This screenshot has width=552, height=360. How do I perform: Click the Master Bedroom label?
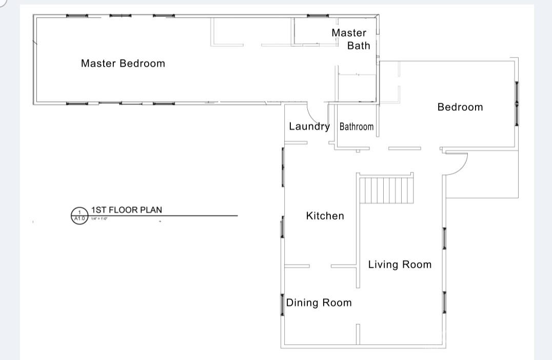(123, 64)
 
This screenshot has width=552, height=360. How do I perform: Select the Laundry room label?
(309, 126)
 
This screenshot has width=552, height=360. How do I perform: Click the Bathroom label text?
(357, 127)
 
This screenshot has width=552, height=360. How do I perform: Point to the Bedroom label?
(460, 107)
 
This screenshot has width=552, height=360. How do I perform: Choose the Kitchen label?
(325, 216)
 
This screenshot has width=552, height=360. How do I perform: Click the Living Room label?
(400, 265)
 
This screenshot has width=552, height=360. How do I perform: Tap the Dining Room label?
(319, 303)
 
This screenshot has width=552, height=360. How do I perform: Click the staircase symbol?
(386, 190)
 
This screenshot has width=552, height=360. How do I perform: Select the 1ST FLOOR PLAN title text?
(127, 210)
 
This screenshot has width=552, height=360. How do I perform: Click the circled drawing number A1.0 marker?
(79, 215)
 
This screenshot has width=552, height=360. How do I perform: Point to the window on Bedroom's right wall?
(517, 104)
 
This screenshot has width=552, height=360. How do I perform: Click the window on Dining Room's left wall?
(282, 304)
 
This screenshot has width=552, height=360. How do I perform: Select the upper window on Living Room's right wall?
(444, 238)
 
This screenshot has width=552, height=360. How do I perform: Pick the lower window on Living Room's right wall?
(444, 303)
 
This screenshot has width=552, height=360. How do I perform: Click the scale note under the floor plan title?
(100, 219)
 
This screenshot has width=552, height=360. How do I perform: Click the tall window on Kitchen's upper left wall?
(283, 167)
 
